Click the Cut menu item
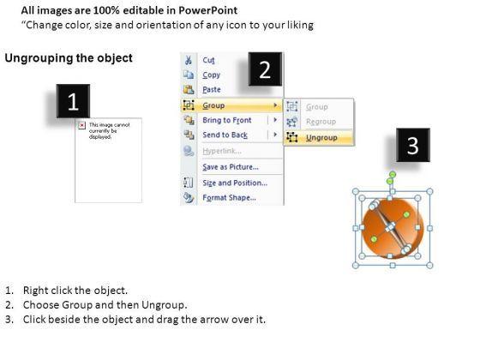(x=208, y=60)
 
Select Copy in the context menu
(x=211, y=75)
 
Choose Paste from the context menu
(x=212, y=90)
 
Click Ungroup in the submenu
(x=321, y=138)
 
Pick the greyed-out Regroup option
(x=321, y=122)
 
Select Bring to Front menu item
(x=227, y=120)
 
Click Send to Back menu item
(x=225, y=135)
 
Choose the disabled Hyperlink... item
(x=222, y=151)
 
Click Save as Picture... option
(x=231, y=167)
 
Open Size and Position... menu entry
(x=235, y=183)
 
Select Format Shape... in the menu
(x=229, y=198)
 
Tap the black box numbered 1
(x=73, y=101)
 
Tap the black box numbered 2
(x=265, y=69)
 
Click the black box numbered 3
(x=413, y=145)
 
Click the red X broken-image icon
(x=81, y=125)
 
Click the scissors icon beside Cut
(x=189, y=60)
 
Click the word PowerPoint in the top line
(x=207, y=10)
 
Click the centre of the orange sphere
(x=393, y=228)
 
